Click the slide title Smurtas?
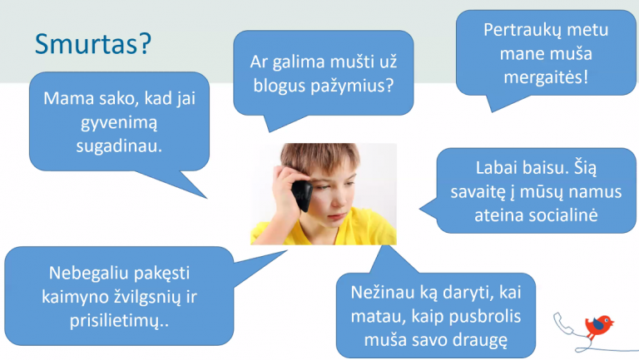93,44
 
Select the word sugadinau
119,146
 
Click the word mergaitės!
546,77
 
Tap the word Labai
493,168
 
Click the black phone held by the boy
301,195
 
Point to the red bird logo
599,325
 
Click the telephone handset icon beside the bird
563,323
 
